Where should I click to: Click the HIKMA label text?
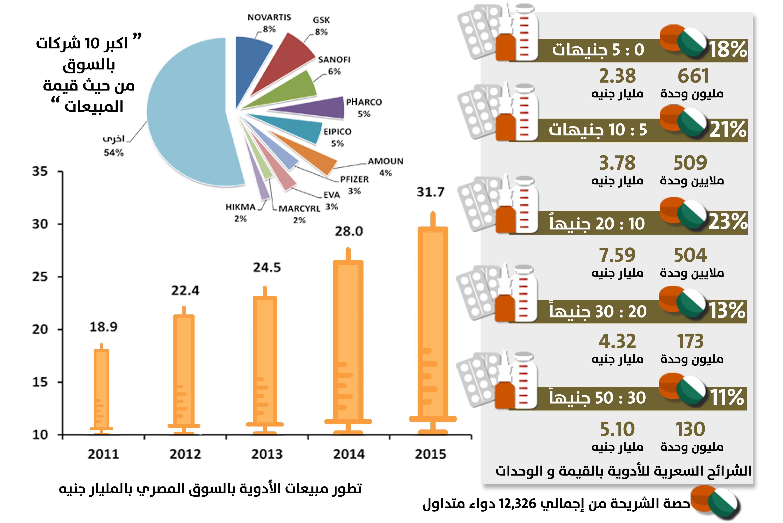point(240,207)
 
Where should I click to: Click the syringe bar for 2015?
point(433,324)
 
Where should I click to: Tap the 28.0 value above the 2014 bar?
point(349,231)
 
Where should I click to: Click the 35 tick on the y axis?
point(40,172)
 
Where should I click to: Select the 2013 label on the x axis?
point(267,454)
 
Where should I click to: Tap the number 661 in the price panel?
point(693,76)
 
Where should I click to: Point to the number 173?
point(690,342)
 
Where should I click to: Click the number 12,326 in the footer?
point(517,504)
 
